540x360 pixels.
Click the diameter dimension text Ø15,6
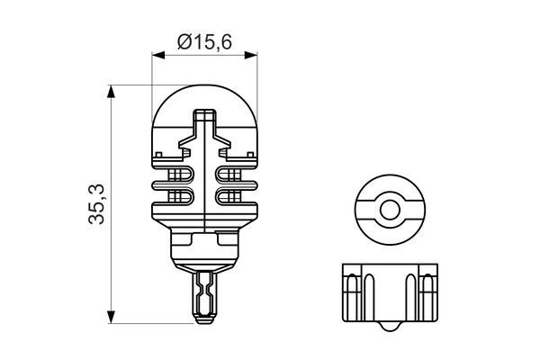pos(204,40)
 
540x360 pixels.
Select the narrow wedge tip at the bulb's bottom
pos(204,297)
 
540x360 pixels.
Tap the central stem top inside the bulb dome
pos(204,117)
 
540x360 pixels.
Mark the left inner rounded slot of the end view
pos(364,290)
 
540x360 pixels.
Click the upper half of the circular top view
pos(389,187)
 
